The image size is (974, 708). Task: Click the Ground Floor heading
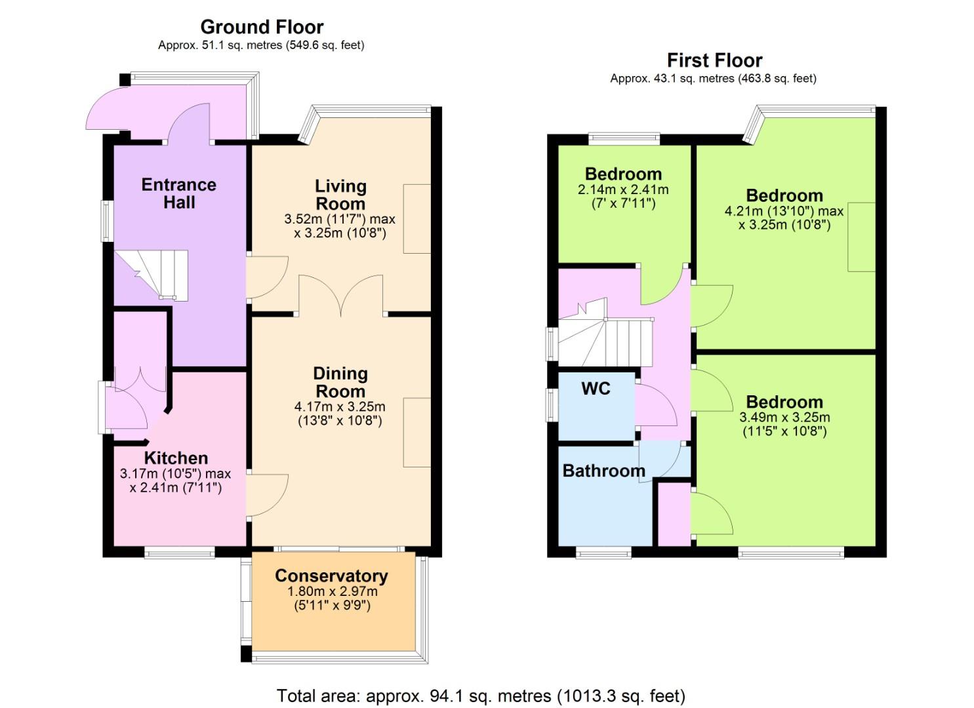coord(262,27)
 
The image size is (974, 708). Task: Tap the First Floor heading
coord(714,60)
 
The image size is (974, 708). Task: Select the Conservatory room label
coord(331,576)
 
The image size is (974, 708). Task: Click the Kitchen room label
coord(176,458)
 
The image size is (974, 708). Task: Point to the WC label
coord(596,389)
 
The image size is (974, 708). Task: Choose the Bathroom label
coord(603,471)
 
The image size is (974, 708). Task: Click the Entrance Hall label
coord(178,194)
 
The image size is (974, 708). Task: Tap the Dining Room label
coord(340,382)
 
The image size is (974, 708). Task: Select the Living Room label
coord(340,195)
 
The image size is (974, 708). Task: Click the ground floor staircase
coord(152,275)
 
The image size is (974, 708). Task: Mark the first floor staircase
coord(605,333)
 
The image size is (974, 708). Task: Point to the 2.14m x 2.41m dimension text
coord(623,190)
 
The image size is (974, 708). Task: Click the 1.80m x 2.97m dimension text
coord(332,591)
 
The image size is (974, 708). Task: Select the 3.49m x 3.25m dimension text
coord(784,417)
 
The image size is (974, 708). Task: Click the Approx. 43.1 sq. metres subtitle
coord(713,79)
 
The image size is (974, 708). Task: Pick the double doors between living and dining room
coord(341,295)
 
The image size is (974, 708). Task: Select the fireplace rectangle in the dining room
coord(417,433)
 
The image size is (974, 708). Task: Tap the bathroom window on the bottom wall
coord(603,553)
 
